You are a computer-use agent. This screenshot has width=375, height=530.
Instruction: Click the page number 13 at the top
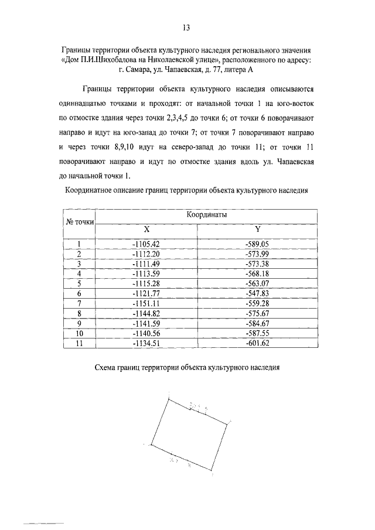pyautogui.click(x=187, y=27)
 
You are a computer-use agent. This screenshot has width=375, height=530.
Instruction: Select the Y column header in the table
pyautogui.click(x=257, y=230)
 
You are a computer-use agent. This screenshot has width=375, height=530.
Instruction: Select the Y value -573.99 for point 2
pyautogui.click(x=257, y=254)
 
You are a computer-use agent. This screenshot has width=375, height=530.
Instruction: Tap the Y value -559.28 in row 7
pyautogui.click(x=257, y=303)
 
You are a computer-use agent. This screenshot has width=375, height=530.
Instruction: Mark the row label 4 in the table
pyautogui.click(x=79, y=273)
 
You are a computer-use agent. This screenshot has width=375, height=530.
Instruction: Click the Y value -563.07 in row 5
pyautogui.click(x=257, y=283)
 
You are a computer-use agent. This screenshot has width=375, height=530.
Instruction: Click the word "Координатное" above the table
pyautogui.click(x=90, y=190)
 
